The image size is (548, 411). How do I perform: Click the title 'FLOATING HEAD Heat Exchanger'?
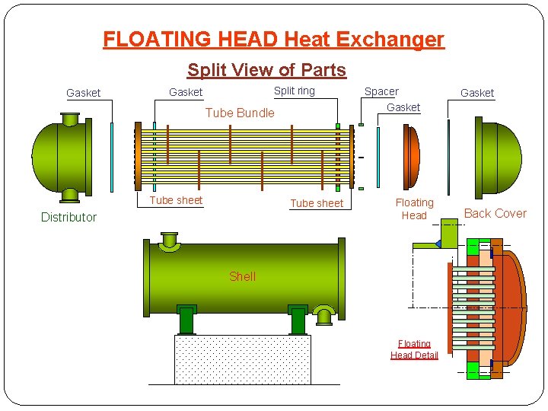273,39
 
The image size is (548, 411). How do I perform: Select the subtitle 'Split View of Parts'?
266,70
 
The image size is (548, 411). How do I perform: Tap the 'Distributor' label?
68,217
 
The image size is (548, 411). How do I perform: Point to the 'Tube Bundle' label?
240,113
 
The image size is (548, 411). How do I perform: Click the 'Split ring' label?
294,91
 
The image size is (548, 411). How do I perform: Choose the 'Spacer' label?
381,91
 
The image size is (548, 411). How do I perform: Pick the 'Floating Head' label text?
414,209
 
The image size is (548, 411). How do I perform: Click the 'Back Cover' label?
495,213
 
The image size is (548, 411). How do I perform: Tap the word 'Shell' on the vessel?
242,276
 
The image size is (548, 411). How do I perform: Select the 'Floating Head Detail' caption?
414,349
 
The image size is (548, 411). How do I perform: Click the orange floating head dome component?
410,158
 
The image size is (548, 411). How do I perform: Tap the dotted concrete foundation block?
242,359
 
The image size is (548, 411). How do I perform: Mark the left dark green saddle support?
186,320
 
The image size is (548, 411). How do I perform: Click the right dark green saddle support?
298,320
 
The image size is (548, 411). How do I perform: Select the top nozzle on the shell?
169,241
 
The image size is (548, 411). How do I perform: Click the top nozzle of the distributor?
70,119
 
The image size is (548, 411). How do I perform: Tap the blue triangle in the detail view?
437,244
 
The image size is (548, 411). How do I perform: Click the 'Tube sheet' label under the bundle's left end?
176,200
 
